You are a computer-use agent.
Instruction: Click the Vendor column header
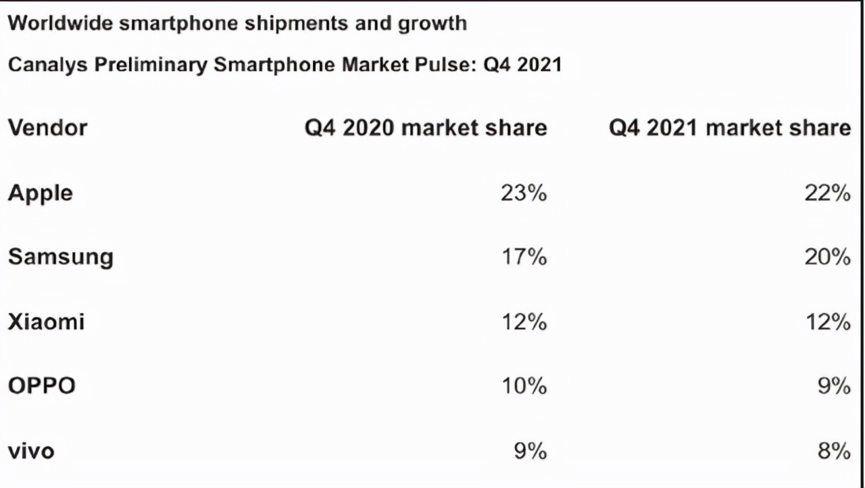(x=47, y=127)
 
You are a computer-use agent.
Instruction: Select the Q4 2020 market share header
(x=426, y=127)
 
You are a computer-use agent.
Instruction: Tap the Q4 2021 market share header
(x=730, y=127)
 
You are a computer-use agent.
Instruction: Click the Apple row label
(x=41, y=193)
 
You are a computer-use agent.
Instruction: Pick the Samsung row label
(x=61, y=257)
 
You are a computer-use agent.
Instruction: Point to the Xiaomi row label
(x=46, y=321)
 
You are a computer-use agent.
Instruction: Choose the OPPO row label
(x=42, y=386)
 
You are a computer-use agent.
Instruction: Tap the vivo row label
(x=31, y=450)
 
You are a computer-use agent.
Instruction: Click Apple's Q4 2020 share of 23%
(x=523, y=193)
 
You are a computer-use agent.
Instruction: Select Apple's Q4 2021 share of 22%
(x=827, y=193)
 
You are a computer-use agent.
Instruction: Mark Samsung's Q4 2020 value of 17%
(x=523, y=257)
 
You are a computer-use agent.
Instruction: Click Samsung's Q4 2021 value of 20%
(x=827, y=257)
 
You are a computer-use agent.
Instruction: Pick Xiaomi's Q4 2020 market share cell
(x=523, y=322)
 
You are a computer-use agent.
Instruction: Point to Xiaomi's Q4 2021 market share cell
(x=827, y=322)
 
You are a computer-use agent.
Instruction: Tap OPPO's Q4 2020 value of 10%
(x=523, y=386)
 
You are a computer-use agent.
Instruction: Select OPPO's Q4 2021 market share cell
(x=834, y=386)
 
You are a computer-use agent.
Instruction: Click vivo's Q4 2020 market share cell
(x=530, y=450)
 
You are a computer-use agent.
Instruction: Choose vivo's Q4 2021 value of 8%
(x=834, y=450)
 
